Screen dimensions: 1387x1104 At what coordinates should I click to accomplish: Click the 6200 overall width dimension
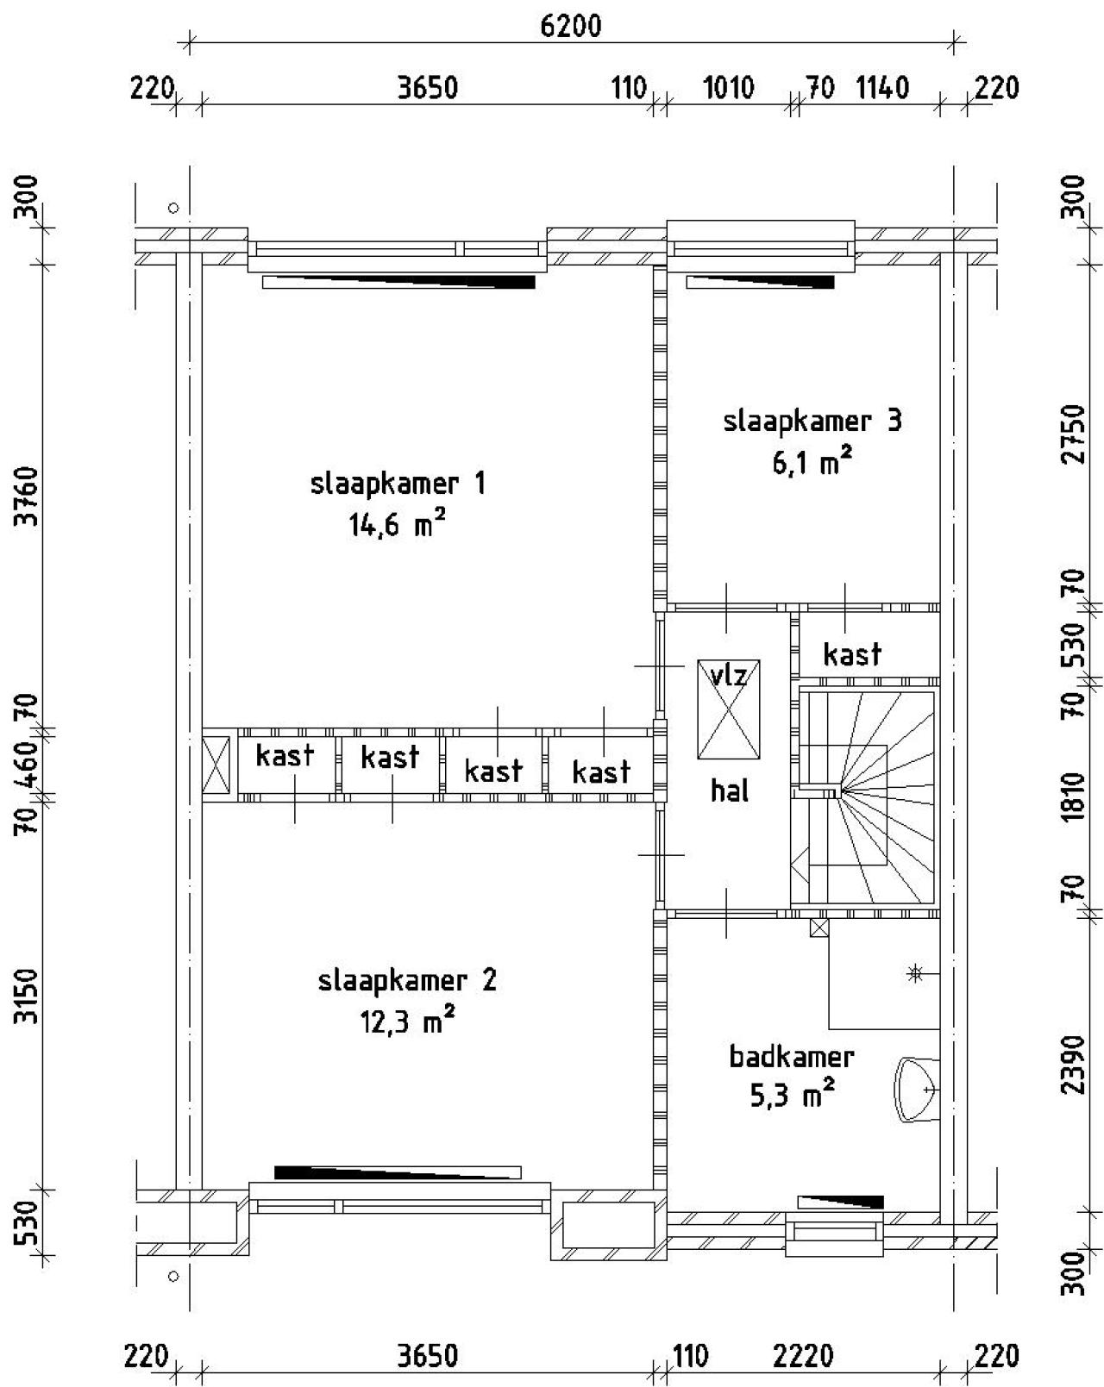(570, 27)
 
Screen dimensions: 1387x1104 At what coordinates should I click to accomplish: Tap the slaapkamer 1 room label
(398, 484)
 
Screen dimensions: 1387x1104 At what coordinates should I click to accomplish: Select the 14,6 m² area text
(398, 525)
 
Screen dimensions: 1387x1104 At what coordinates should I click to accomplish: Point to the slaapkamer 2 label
(407, 981)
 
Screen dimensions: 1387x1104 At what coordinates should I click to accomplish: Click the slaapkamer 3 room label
(812, 422)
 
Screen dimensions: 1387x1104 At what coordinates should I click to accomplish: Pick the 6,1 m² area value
(812, 464)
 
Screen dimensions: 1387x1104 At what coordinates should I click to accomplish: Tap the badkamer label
(792, 1056)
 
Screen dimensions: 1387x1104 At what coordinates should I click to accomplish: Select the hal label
(730, 790)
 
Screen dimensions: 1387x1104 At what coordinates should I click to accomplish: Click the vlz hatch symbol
(730, 709)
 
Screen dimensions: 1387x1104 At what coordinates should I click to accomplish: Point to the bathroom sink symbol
(917, 1090)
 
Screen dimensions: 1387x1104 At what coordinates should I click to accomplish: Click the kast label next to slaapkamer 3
(852, 654)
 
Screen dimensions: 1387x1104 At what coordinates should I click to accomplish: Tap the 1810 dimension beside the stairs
(1072, 797)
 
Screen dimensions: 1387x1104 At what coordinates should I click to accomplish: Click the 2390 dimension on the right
(1072, 1064)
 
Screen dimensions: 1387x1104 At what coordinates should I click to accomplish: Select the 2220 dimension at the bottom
(804, 1357)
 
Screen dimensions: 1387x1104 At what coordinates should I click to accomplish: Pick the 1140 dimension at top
(881, 88)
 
